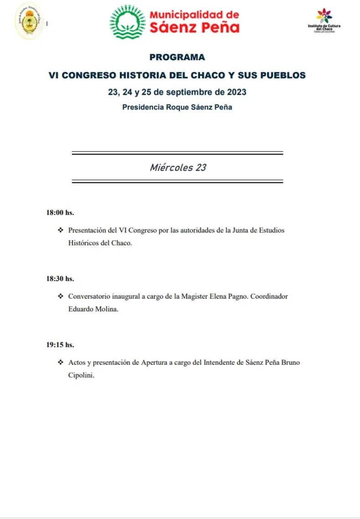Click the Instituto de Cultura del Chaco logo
[x=324, y=21]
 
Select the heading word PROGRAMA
[x=177, y=58]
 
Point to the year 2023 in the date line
[x=236, y=92]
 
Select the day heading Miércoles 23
[x=178, y=167]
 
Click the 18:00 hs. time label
[x=60, y=213]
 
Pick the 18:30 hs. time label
[x=60, y=279]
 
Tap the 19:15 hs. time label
[x=60, y=345]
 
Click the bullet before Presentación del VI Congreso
[x=61, y=230]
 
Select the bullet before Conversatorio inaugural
[x=61, y=296]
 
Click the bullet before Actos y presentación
[x=61, y=363]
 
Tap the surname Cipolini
[x=81, y=375]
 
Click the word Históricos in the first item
[x=83, y=243]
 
